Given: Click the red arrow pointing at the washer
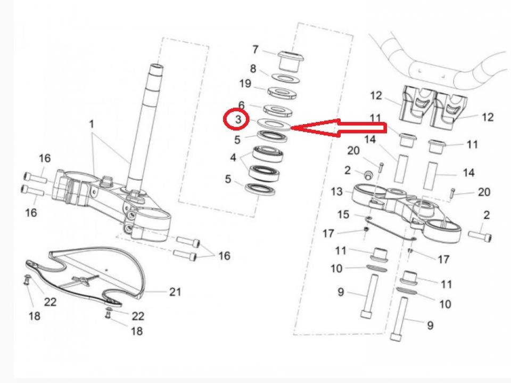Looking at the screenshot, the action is point(339,128).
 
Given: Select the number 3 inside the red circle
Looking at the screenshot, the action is point(238,119).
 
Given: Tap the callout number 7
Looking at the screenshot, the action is point(255,50).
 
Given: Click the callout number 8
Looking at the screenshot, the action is point(253,69).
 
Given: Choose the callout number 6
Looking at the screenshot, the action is point(242,105).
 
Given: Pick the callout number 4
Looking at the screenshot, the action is point(233,158).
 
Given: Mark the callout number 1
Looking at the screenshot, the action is point(92,124).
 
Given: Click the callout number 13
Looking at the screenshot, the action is point(336,192).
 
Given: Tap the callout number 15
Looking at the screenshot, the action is point(343,214).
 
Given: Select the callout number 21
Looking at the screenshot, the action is point(175,292).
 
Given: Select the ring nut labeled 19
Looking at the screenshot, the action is point(282,93).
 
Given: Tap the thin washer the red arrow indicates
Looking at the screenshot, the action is point(273,124).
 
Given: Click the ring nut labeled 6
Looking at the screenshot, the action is point(277,110).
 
